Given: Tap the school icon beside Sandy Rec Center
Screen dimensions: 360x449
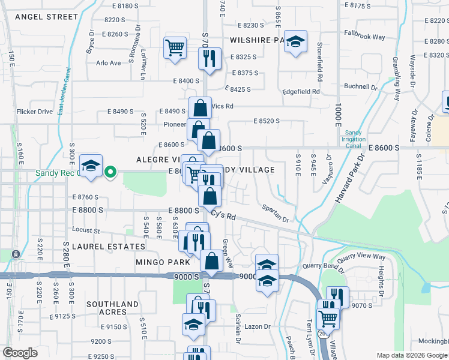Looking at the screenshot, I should pyautogui.click(x=91, y=166).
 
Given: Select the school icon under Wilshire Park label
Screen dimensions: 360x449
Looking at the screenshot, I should pyautogui.click(x=295, y=42).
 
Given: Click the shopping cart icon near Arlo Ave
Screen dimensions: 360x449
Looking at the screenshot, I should pyautogui.click(x=175, y=47).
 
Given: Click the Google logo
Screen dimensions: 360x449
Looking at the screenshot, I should pyautogui.click(x=20, y=353).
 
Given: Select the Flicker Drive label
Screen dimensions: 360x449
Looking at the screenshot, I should pyautogui.click(x=35, y=111).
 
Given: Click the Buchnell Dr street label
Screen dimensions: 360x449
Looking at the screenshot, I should pyautogui.click(x=361, y=86).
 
